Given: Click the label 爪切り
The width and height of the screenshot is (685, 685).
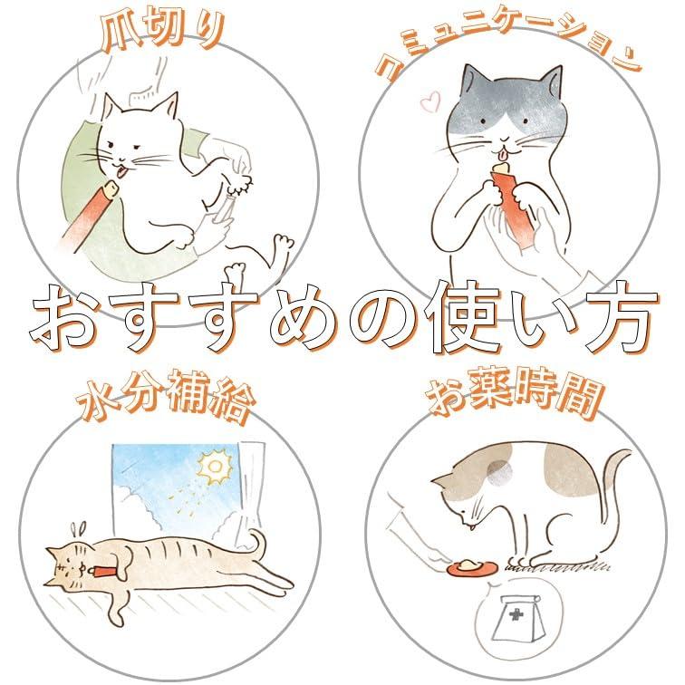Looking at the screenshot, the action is [x=162, y=32].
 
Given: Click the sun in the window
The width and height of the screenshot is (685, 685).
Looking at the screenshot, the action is [x=214, y=468].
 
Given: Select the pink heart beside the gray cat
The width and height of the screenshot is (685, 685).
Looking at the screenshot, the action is [x=429, y=101].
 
